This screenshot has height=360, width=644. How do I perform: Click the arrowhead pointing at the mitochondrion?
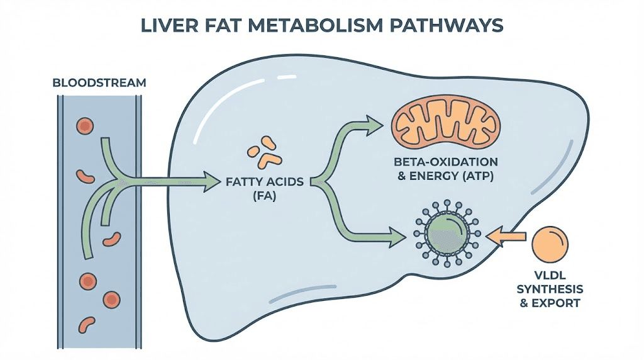coord(374,123)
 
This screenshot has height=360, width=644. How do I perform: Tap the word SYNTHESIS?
coord(550,290)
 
